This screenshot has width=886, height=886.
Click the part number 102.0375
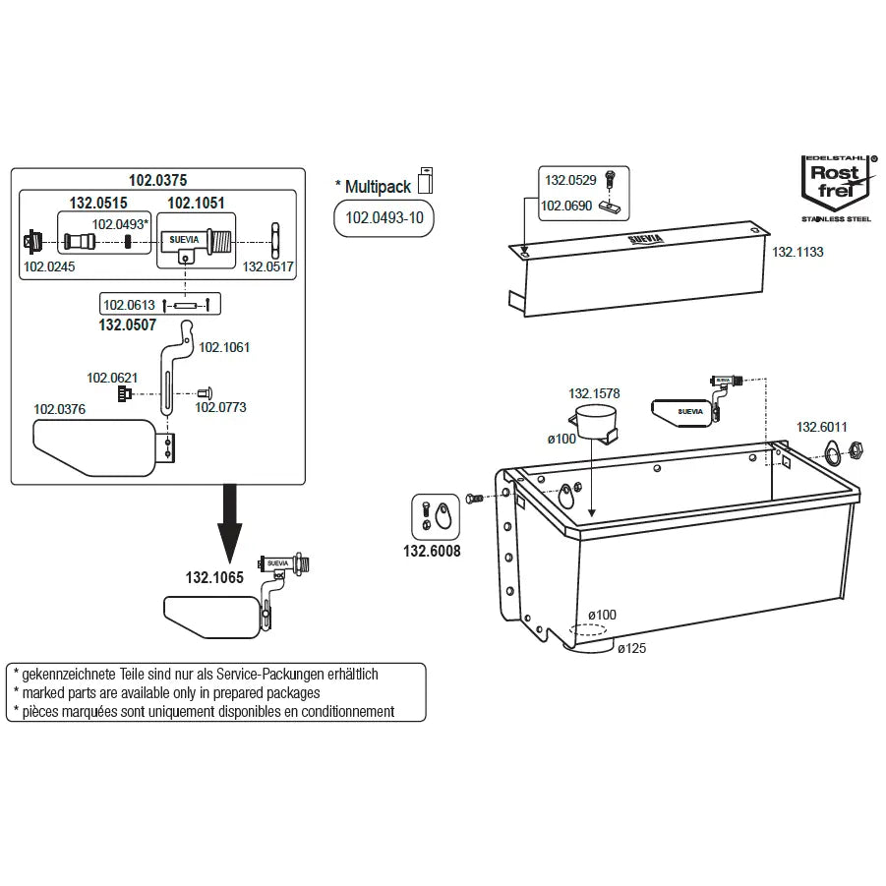click(x=157, y=180)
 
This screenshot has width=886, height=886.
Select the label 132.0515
click(x=97, y=204)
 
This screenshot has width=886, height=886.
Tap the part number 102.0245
click(x=45, y=266)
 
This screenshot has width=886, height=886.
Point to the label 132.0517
click(x=268, y=266)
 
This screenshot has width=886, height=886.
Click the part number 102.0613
click(x=128, y=305)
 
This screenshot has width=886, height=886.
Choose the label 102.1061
click(x=224, y=346)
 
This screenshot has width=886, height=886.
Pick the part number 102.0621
click(x=111, y=378)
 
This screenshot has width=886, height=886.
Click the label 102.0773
click(x=220, y=406)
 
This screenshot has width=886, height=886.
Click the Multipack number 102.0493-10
click(x=384, y=218)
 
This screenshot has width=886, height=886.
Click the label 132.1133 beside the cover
click(x=797, y=253)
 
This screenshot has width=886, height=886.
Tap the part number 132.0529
click(x=570, y=181)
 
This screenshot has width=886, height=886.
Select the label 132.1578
click(x=594, y=393)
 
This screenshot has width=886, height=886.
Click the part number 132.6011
click(x=821, y=427)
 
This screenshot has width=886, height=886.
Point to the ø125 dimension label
click(x=631, y=647)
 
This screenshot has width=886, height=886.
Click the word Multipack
click(x=376, y=185)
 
